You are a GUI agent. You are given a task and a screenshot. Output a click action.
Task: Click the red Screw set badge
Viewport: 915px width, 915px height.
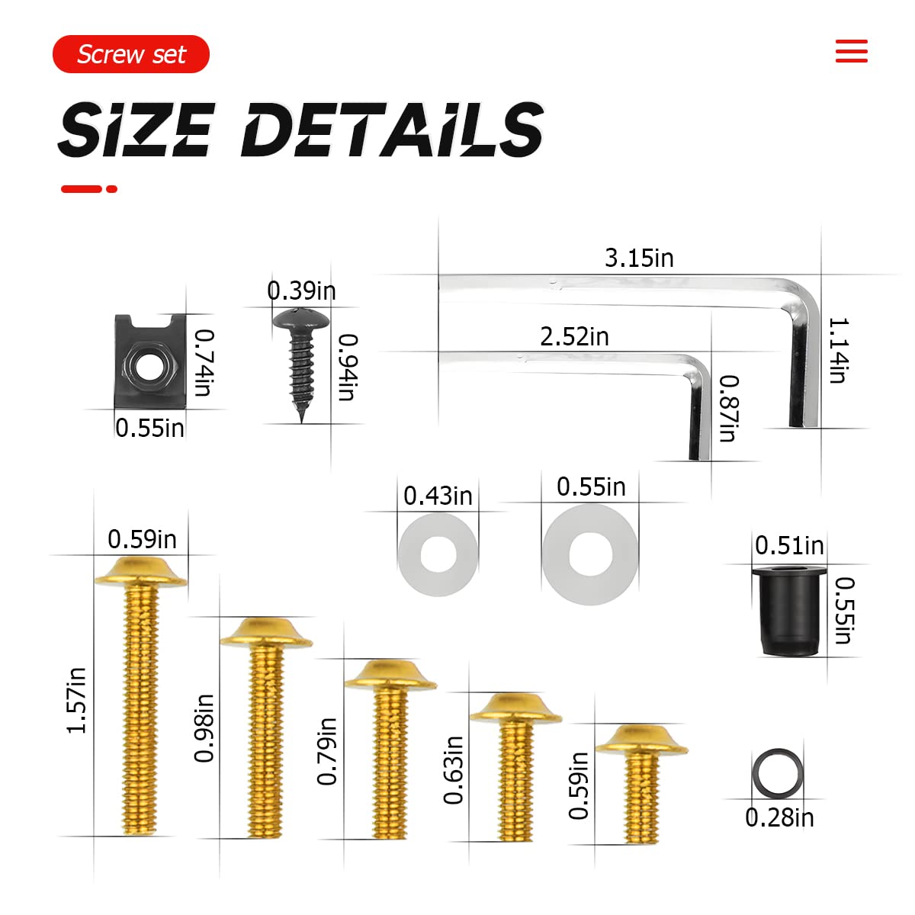[130, 54]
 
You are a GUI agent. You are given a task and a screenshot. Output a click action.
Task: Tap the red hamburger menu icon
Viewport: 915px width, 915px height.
[851, 51]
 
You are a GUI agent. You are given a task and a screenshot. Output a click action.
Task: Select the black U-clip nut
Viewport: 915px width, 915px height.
[149, 361]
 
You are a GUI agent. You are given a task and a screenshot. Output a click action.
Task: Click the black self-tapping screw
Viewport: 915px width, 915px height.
[301, 358]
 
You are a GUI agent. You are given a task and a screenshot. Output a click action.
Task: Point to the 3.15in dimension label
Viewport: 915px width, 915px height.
[639, 258]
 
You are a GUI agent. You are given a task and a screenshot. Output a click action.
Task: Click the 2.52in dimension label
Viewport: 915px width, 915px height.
[574, 336]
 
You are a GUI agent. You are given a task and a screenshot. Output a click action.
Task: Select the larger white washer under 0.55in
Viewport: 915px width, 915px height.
[589, 554]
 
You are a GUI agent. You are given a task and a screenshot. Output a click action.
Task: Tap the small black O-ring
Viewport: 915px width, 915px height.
[778, 772]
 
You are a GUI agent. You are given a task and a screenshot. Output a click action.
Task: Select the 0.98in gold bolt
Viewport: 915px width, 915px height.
[265, 724]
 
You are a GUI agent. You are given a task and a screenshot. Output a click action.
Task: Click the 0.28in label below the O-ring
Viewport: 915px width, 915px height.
[779, 817]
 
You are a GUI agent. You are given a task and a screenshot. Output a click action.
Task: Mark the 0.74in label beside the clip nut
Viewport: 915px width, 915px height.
[203, 361]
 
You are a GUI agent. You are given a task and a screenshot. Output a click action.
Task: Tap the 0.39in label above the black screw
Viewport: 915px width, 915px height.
[301, 291]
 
